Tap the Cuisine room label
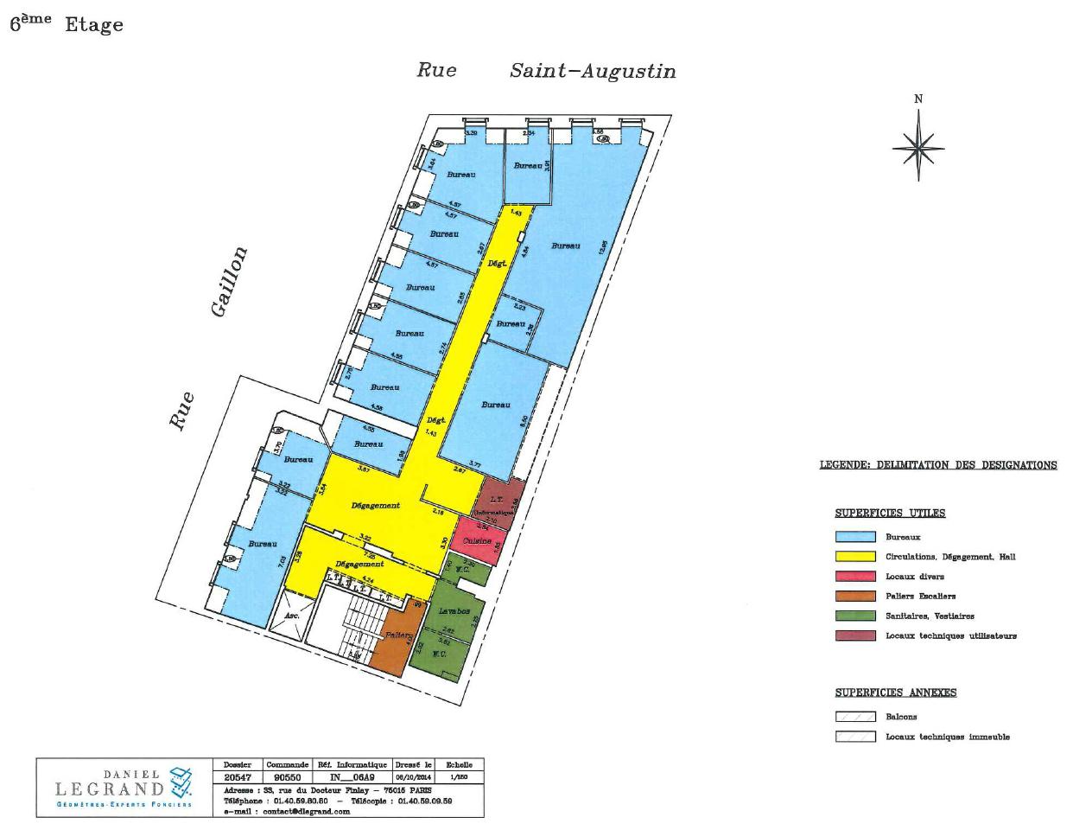point(477,540)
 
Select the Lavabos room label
point(454,610)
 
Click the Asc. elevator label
point(292,616)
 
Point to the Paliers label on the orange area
point(398,635)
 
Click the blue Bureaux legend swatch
point(855,537)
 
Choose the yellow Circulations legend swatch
point(855,557)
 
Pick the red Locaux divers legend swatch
point(855,577)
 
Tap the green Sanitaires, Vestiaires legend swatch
point(855,616)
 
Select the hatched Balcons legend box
point(855,717)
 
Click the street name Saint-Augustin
point(593,71)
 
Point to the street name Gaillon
point(229,282)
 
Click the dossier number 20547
point(237,777)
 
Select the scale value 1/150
point(459,777)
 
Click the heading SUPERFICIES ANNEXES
point(895,693)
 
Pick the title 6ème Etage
point(67,24)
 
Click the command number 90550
point(286,777)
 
